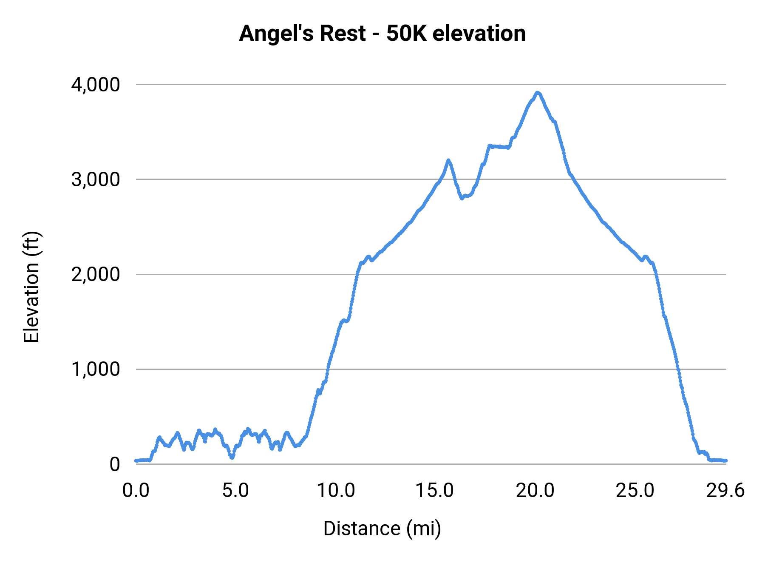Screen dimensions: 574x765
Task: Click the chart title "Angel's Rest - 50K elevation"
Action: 382,33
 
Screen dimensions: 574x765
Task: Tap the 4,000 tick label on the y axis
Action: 96,85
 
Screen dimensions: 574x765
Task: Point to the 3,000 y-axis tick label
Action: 96,179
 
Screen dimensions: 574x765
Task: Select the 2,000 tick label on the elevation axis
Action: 96,274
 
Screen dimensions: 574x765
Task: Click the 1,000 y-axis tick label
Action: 96,369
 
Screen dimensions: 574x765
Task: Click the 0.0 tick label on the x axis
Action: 136,491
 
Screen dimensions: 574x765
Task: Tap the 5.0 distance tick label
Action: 235,491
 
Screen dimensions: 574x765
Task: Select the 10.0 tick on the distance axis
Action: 336,491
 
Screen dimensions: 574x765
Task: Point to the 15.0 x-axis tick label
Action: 435,491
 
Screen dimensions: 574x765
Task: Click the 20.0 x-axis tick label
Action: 535,491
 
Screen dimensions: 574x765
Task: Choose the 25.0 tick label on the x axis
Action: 635,491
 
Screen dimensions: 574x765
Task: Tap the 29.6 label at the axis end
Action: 725,491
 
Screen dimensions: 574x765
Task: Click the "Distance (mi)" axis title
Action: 382,529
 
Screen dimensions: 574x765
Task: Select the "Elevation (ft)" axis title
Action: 31,287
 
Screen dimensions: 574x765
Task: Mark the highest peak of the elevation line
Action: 538,92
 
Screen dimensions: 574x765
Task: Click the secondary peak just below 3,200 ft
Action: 448,160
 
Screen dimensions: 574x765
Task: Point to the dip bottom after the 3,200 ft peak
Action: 462,198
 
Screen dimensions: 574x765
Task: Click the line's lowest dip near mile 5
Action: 232,457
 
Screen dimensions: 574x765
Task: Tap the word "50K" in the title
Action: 406,33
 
